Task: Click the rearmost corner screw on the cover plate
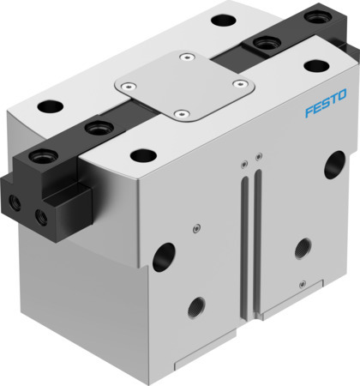[186, 58]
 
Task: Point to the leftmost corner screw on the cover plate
[126, 85]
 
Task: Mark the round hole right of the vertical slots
[302, 249]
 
